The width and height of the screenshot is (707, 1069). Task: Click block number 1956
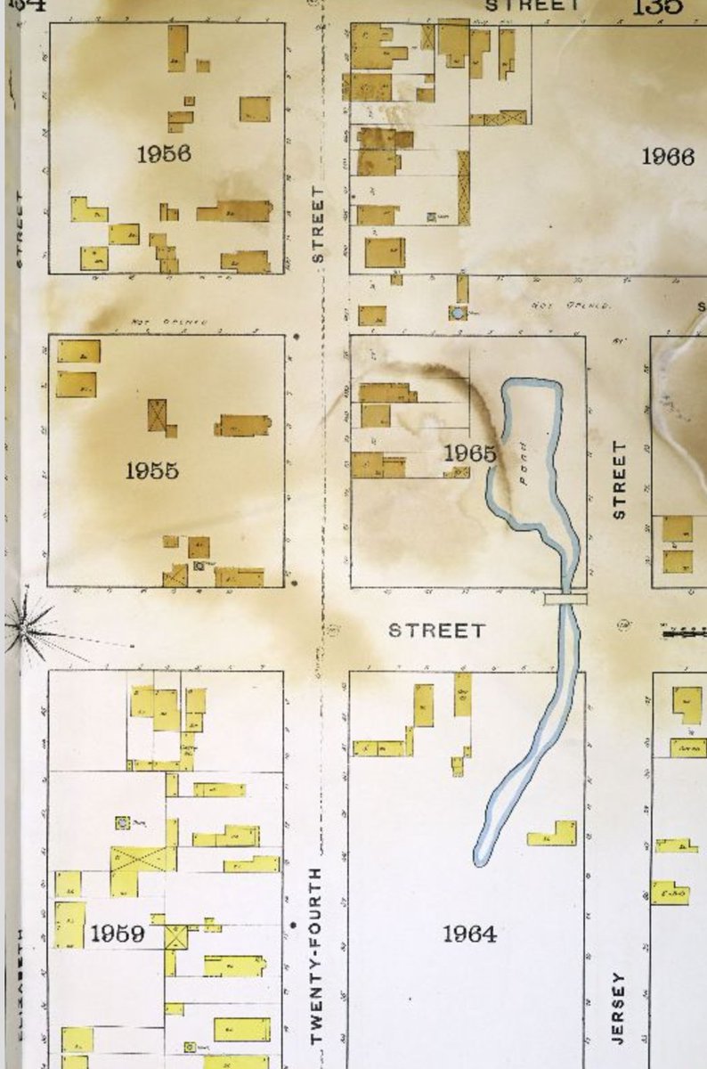click(x=163, y=153)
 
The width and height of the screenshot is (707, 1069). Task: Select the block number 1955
click(x=151, y=470)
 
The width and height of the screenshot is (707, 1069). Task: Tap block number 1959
click(x=117, y=934)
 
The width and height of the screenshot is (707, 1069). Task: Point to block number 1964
click(x=469, y=934)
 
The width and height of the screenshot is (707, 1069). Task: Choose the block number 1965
click(x=469, y=453)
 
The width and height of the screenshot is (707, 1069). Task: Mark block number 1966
click(x=667, y=157)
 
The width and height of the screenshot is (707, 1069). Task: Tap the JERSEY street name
click(x=619, y=1008)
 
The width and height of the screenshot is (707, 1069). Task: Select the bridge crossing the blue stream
click(x=565, y=599)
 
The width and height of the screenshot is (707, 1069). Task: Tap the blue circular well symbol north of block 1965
click(x=457, y=313)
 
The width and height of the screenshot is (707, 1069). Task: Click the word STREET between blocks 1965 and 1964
click(x=437, y=631)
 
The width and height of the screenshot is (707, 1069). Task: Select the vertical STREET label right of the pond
click(x=620, y=480)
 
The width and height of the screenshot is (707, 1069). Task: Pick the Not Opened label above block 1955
click(x=169, y=321)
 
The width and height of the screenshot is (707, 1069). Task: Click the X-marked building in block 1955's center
click(x=158, y=414)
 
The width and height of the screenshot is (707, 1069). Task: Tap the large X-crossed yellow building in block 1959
click(x=142, y=859)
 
